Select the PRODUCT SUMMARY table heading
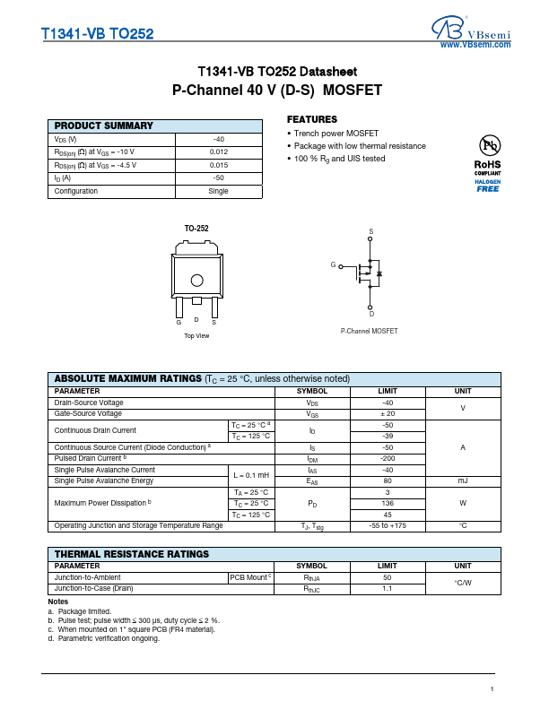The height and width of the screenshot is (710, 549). pos(104,126)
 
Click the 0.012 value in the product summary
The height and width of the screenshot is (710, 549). pos(219,152)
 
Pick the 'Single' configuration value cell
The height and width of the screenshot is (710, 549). pos(219,191)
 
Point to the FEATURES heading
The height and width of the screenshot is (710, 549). pos(312,119)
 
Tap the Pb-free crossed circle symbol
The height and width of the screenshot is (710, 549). pos(488,145)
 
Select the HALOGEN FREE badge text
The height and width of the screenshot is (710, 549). pos(488,186)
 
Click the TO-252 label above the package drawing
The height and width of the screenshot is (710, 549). pos(196,229)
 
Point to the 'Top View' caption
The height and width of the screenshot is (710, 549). pos(196,335)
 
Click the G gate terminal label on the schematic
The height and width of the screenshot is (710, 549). pos(333,265)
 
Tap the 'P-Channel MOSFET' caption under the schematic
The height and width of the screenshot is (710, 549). pos(369,331)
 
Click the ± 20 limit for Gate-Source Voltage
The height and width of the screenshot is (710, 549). pos(388,414)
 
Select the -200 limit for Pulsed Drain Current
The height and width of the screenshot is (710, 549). pos(388,458)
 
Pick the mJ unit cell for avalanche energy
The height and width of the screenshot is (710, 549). pos(463,481)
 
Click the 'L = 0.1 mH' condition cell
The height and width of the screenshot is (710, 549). pos(251,475)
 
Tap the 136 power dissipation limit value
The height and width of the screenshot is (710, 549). pos(388,503)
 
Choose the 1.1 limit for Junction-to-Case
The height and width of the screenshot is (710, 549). pos(388,589)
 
